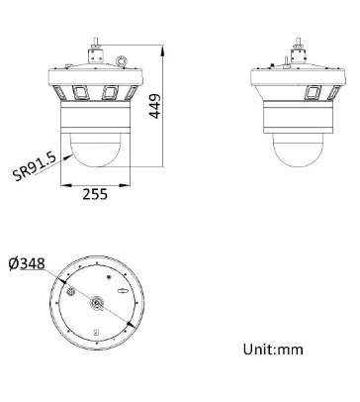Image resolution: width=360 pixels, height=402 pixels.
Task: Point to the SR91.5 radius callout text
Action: click(x=33, y=165)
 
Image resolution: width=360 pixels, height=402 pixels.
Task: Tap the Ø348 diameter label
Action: click(x=26, y=262)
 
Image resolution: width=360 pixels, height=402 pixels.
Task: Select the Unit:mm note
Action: click(x=273, y=349)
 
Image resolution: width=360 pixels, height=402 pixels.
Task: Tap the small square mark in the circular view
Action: click(x=95, y=331)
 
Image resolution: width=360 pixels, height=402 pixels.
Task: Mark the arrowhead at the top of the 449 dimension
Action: click(x=162, y=46)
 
